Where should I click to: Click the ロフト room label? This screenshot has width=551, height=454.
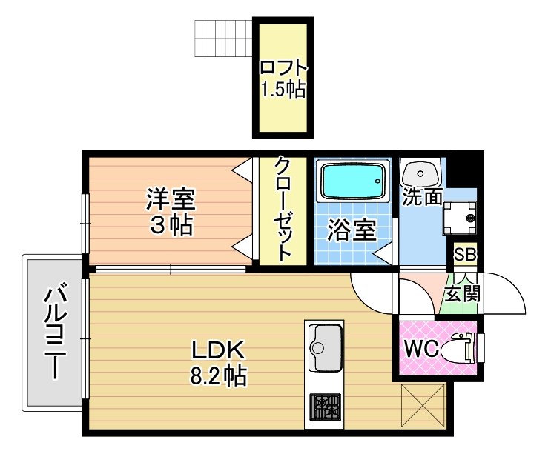pos(283,67)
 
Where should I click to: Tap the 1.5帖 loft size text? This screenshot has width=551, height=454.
pos(283,90)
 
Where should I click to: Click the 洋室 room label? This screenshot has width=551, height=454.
pos(170,199)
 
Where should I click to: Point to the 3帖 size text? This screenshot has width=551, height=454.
pos(171,224)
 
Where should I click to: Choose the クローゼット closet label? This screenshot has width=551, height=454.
pos(283,208)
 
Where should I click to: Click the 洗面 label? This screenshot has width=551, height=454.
pos(422,198)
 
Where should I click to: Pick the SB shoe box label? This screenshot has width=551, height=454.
pos(465,255)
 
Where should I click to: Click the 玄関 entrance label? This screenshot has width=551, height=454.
pos(462,293)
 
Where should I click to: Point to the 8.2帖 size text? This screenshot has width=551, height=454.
pos(218,376)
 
